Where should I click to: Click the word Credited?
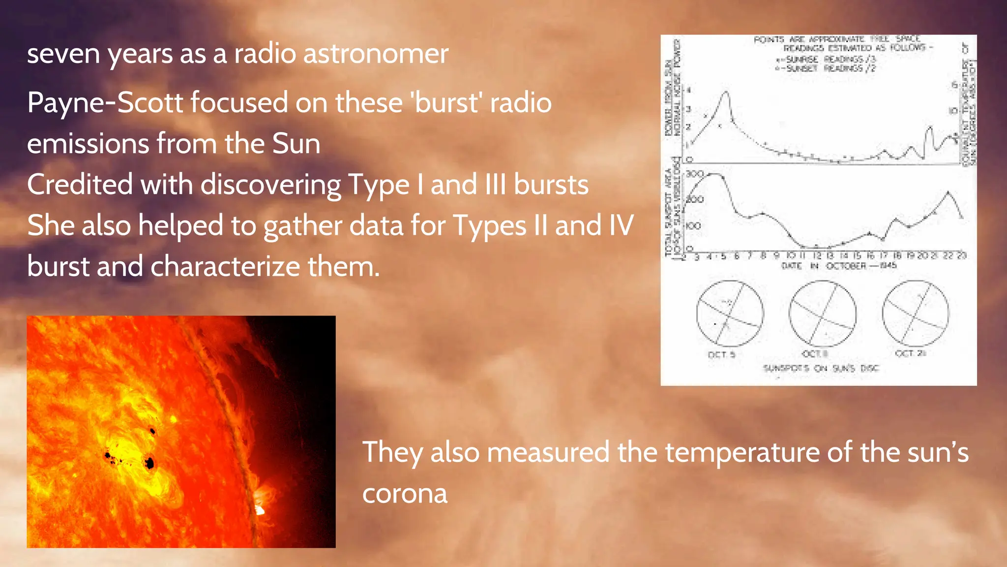point(80,185)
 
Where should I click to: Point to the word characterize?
point(225,266)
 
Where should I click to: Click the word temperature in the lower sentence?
point(742,452)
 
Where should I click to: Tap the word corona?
point(405,493)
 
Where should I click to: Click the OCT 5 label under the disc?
point(721,355)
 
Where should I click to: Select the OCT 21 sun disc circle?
point(916,314)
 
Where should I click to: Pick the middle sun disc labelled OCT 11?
point(822,314)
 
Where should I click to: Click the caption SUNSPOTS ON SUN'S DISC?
point(821,368)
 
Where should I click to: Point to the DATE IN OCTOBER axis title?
point(839,266)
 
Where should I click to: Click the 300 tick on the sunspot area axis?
point(695,174)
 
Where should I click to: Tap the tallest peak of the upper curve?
point(726,92)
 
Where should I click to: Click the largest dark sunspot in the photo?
point(150,463)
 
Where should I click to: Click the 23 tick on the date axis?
point(961,255)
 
